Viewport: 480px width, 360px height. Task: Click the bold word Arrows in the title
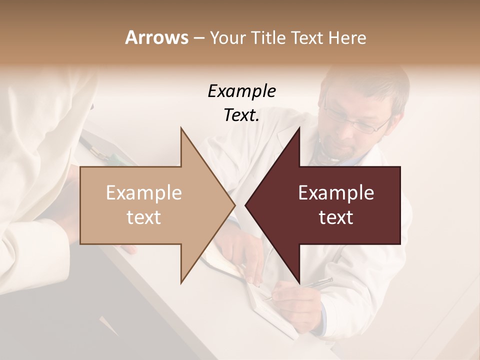156,37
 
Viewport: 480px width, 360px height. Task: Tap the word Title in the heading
268,38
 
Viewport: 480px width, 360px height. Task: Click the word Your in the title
227,38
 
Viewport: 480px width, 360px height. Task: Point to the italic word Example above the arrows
241,91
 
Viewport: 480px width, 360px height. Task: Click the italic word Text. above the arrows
241,115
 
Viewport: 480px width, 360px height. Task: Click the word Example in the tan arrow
144,192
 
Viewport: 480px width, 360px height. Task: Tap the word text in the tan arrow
144,217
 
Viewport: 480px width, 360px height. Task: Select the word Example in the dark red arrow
336,192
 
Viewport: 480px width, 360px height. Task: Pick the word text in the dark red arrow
336,217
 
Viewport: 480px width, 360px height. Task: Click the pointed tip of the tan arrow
233,205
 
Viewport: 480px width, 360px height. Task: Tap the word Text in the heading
307,38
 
